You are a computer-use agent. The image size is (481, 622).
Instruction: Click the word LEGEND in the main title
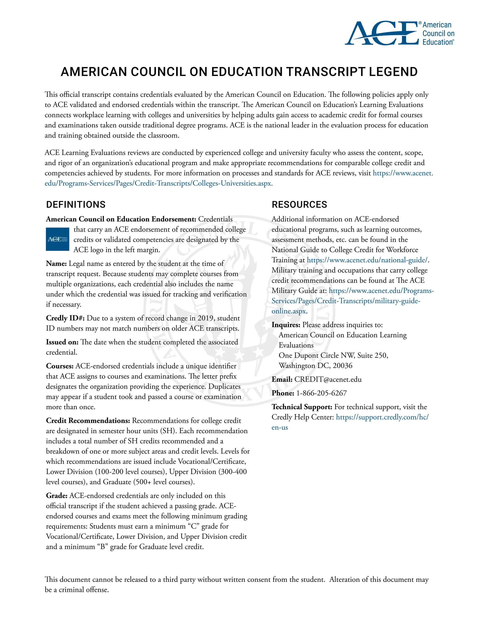pos(393,72)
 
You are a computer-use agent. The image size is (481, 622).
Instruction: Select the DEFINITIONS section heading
pos(76,204)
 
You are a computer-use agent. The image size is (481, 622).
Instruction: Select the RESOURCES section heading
pos(299,204)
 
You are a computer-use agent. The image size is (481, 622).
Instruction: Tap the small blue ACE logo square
pos(58,239)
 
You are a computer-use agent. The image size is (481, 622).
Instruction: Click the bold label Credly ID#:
pos(65,318)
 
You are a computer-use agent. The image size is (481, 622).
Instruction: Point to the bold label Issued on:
pos(62,342)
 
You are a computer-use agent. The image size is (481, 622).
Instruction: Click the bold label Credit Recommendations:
pos(88,421)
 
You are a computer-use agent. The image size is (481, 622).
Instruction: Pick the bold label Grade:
pos(57,495)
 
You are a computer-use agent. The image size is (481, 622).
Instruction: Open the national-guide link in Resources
pos(367,260)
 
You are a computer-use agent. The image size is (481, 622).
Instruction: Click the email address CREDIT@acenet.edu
pos(328,379)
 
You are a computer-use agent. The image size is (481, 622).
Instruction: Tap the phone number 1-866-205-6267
pos(322,393)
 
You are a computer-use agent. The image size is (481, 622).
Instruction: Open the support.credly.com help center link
pos(382,417)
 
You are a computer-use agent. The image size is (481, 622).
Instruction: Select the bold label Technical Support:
pos(302,407)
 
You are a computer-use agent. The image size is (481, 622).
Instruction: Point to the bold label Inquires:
pos(286,325)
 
